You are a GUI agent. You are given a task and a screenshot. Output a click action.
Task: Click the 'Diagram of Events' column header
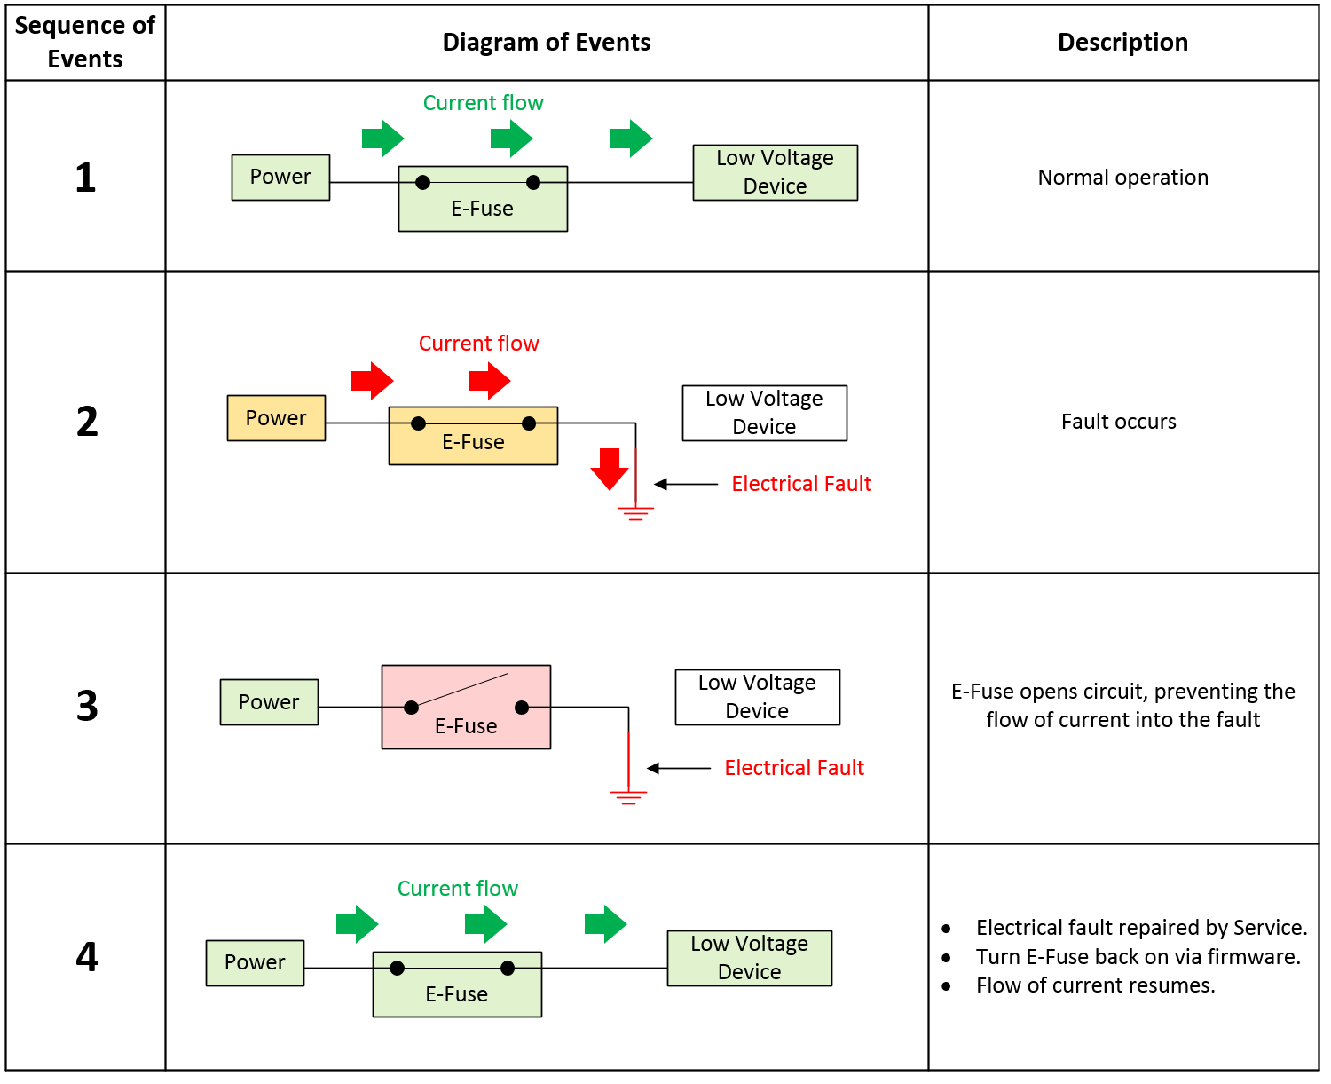[546, 43]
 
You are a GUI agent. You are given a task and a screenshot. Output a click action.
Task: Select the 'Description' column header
[1122, 43]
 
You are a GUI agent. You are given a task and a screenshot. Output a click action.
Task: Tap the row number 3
[86, 707]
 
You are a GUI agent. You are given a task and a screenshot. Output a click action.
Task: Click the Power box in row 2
[276, 418]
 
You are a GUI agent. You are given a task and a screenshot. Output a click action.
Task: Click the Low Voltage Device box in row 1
[775, 172]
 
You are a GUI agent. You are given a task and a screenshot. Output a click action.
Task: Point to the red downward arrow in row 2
[610, 469]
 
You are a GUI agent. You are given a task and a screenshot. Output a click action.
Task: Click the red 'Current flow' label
[478, 344]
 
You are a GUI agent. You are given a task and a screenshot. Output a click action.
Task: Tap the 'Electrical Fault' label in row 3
[794, 768]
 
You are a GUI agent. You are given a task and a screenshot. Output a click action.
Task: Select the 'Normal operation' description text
[1122, 178]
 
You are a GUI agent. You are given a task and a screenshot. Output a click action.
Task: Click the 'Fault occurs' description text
[1118, 422]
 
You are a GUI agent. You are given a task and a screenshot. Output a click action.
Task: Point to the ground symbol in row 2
[635, 512]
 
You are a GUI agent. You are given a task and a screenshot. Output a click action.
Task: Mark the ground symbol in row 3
[628, 796]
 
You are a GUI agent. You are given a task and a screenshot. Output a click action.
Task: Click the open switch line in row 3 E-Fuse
[460, 690]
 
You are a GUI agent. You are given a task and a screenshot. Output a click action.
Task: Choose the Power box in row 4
[255, 963]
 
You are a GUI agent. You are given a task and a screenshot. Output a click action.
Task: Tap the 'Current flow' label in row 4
[457, 889]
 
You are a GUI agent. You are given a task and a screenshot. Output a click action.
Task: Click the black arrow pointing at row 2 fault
[685, 484]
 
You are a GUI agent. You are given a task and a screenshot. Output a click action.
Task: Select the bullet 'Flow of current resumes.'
[1095, 985]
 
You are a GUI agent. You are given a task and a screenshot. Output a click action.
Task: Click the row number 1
[85, 178]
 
